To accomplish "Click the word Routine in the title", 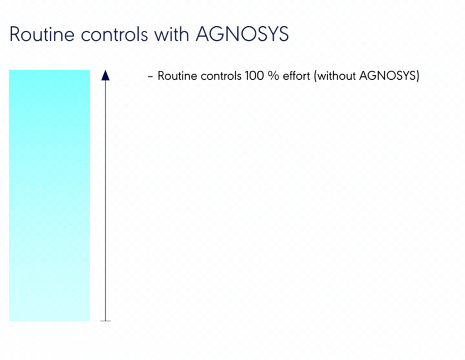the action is coord(42,34).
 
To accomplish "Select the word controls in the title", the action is coord(114,34).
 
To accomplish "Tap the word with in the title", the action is coord(172,34).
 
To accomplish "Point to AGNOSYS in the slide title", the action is coord(242,34).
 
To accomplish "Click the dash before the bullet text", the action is coord(151,76).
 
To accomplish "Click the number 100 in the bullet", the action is coord(254,76).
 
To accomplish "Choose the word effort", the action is coord(296,76).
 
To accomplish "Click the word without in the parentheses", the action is coord(337,76).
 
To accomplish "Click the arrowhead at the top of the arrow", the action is coord(105,75).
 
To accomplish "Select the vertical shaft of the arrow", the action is coord(105,200).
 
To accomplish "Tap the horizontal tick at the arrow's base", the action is coord(105,321).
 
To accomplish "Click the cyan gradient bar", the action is coord(49,196).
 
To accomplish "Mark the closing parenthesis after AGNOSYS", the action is coord(417,76).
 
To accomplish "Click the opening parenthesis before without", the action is coord(316,76).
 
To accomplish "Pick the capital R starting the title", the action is coord(15,34).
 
